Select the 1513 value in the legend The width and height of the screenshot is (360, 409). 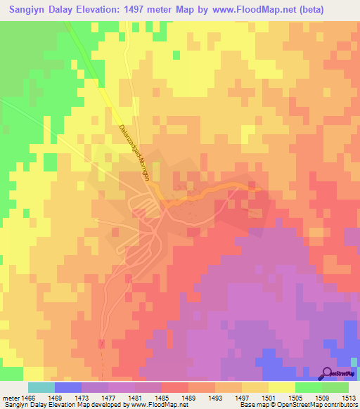349,398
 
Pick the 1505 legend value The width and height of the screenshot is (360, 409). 296,398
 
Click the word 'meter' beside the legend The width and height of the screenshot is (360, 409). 11,398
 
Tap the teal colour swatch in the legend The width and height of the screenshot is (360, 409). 41,387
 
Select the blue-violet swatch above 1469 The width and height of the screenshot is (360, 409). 67,387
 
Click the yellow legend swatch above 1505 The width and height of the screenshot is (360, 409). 281,387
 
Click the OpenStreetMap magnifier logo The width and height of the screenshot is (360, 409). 328,372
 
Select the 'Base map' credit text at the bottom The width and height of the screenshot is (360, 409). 255,405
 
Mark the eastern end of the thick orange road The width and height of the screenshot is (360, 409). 261,188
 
